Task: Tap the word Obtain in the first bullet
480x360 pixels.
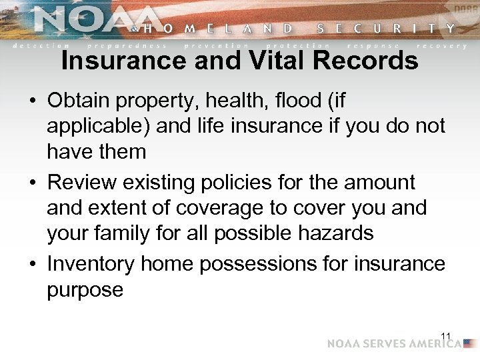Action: (x=78, y=101)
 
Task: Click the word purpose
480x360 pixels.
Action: (x=85, y=290)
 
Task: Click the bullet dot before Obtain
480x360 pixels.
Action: (x=32, y=102)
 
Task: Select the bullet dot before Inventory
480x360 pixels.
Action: (x=32, y=265)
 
